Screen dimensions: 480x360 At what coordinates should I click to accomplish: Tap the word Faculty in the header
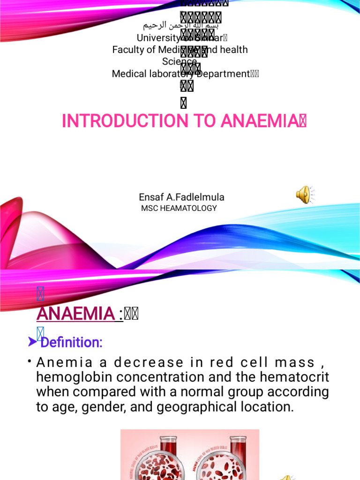(x=128, y=50)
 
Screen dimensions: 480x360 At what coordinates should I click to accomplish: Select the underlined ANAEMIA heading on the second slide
(x=75, y=314)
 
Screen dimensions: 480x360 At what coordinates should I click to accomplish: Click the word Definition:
(x=71, y=343)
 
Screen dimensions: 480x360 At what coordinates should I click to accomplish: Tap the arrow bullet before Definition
(x=32, y=343)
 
